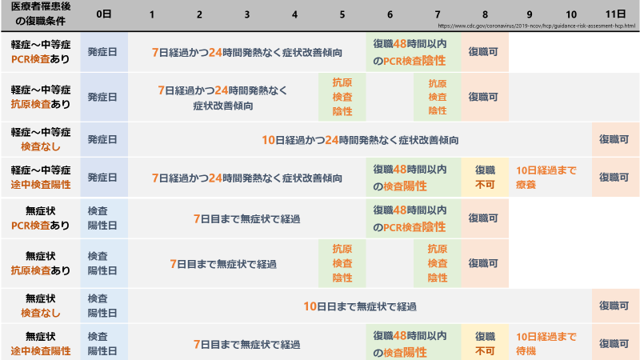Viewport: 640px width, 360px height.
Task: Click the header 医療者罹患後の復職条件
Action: coord(39,15)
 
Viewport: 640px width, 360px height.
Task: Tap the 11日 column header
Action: coord(615,15)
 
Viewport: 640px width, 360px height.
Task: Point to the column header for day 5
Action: coord(342,15)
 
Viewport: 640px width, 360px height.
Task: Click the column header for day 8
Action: coord(484,15)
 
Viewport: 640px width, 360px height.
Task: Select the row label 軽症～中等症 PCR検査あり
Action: coord(40,53)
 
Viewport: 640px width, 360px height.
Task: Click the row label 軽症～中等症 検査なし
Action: coord(40,139)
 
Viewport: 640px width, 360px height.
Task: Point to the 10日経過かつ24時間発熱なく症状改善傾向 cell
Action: coord(360,140)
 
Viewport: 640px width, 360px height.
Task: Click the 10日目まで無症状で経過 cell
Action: coord(360,306)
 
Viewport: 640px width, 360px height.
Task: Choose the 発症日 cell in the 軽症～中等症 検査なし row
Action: coord(103,140)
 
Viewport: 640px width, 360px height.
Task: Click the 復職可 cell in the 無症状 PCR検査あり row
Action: coord(484,217)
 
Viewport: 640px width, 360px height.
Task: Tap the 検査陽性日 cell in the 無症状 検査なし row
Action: coord(103,306)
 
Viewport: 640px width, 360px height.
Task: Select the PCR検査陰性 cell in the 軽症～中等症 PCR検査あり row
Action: coord(413,53)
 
